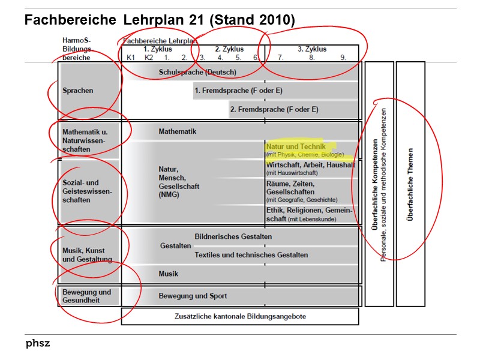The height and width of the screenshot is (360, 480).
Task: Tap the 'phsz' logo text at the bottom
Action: [x=37, y=344]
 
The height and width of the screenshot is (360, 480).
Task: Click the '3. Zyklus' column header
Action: [x=312, y=49]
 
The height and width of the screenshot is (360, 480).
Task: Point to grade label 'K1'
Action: [x=131, y=58]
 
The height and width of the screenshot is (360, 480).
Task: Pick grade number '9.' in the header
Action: [x=343, y=58]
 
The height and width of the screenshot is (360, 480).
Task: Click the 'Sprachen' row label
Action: [x=78, y=91]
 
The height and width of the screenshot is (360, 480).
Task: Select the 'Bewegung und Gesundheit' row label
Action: [x=87, y=296]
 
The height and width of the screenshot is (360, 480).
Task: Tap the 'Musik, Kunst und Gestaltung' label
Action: [x=87, y=254]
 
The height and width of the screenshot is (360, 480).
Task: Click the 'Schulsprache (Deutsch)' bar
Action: [x=197, y=72]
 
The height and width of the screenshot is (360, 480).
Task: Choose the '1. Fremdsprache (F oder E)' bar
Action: [x=238, y=91]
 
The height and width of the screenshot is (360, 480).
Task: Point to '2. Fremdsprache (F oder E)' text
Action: [x=274, y=109]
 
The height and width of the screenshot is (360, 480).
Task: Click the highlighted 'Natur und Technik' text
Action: [x=296, y=146]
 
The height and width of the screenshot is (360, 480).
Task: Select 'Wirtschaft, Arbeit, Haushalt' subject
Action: [x=310, y=165]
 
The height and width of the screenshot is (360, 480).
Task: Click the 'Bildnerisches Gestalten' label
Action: [x=233, y=236]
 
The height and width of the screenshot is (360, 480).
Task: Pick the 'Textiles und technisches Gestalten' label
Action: [x=251, y=255]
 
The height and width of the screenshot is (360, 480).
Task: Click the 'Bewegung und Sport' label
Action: [x=193, y=296]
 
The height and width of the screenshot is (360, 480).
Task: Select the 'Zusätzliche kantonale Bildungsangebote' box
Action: [x=240, y=316]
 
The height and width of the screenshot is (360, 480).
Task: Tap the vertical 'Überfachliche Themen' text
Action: [x=410, y=184]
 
